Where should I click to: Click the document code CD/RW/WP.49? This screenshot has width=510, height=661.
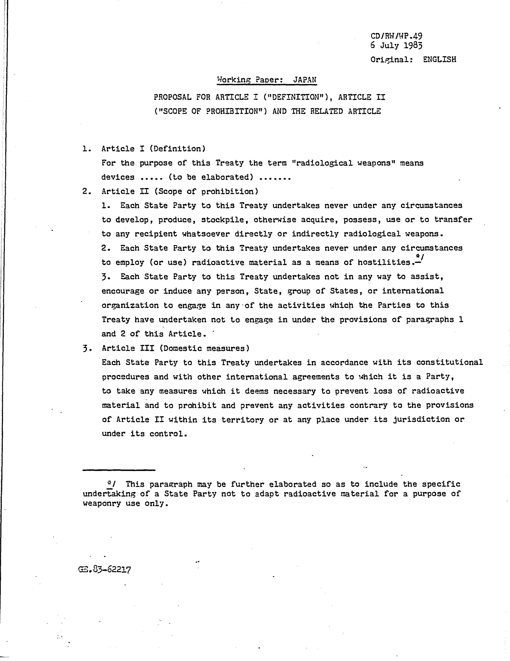(x=396, y=36)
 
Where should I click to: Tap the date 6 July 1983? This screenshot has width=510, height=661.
(x=396, y=46)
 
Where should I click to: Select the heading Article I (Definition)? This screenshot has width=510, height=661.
(x=153, y=149)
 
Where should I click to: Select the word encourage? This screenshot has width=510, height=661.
(x=123, y=291)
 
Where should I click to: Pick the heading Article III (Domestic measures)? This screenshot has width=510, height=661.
(x=175, y=348)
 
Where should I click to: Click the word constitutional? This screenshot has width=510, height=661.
(x=450, y=362)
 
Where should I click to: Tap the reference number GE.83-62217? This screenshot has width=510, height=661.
(x=105, y=570)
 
